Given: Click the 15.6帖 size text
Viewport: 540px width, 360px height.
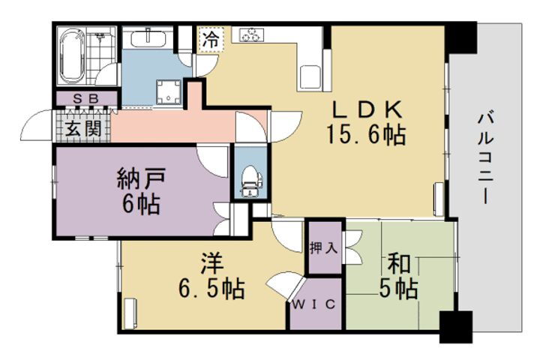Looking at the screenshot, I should (366, 136).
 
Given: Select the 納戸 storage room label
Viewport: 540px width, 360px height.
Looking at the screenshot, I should (139, 180).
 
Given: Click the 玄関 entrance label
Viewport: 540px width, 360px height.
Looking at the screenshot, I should (82, 128).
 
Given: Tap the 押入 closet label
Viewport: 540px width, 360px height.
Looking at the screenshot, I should (325, 247).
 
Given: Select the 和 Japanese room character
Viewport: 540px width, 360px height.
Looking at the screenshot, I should (398, 263).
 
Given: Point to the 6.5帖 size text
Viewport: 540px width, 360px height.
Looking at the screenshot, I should (211, 289).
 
